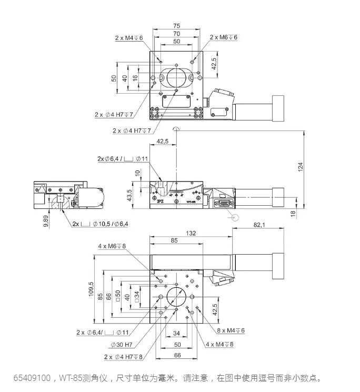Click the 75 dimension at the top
pos(176,26)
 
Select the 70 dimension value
pos(176,34)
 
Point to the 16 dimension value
pos(135,78)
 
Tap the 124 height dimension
pos(301,167)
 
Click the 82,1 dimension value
pos(259,225)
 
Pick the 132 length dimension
pos(191,233)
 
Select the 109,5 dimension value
pos(91,289)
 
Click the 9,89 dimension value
pos(46,222)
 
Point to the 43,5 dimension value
pos(129,195)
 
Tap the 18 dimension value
pos(293,214)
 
